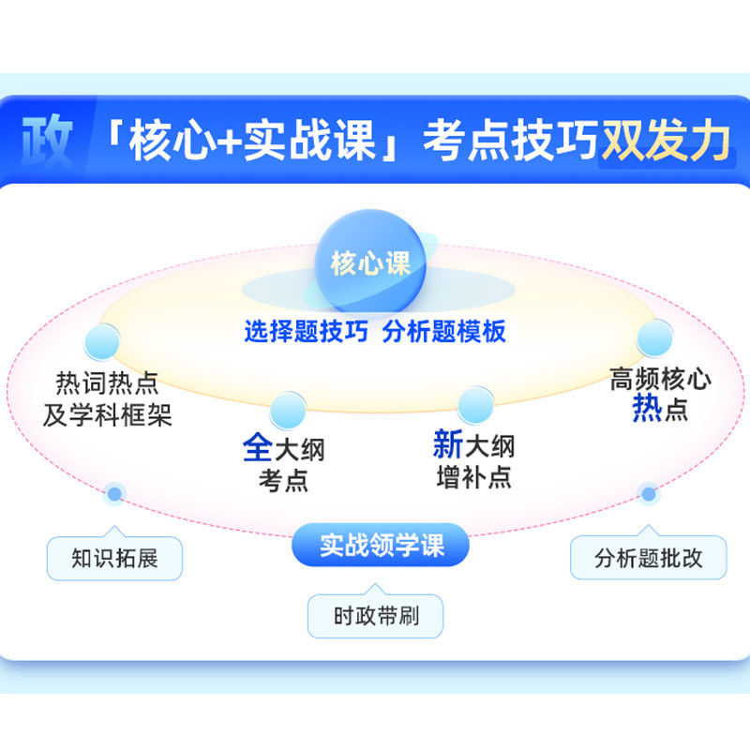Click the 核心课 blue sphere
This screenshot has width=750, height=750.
pyautogui.click(x=370, y=262)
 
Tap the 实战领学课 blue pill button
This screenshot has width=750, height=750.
pyautogui.click(x=381, y=545)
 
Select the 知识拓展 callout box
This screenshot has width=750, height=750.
pyautogui.click(x=114, y=557)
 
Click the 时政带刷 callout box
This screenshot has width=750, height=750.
pyautogui.click(x=376, y=615)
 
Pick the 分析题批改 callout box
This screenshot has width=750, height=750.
pyautogui.click(x=648, y=557)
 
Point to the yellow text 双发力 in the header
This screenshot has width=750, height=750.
pyautogui.click(x=666, y=140)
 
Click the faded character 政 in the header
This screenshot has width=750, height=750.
pyautogui.click(x=47, y=141)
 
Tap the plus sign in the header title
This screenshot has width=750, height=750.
pyautogui.click(x=230, y=142)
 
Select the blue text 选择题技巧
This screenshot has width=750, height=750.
pyautogui.click(x=307, y=331)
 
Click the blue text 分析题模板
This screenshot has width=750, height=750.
pyautogui.click(x=443, y=331)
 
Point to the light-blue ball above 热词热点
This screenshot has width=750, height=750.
pyautogui.click(x=102, y=341)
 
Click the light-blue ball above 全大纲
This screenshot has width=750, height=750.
pyautogui.click(x=288, y=411)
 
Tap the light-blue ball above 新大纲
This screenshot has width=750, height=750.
pyautogui.click(x=475, y=405)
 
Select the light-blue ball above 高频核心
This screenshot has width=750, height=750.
pyautogui.click(x=654, y=337)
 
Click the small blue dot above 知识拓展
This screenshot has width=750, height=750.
pyautogui.click(x=114, y=494)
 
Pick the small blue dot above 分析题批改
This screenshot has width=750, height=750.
pyautogui.click(x=649, y=494)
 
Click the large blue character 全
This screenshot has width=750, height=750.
pyautogui.click(x=258, y=447)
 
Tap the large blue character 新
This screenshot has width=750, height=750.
pyautogui.click(x=448, y=443)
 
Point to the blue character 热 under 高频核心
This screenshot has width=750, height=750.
pyautogui.click(x=647, y=408)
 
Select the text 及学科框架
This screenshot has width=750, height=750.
pyautogui.click(x=107, y=414)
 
